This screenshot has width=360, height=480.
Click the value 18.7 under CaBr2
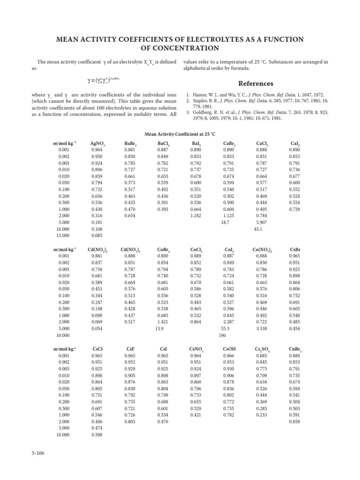point(225,222)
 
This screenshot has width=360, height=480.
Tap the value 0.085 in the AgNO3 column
point(97,236)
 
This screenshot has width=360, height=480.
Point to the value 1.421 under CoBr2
point(163,322)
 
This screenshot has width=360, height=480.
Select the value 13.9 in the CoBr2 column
point(160,329)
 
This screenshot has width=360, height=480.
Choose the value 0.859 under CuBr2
point(295,420)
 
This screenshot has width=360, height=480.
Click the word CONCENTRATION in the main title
point(180,48)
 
